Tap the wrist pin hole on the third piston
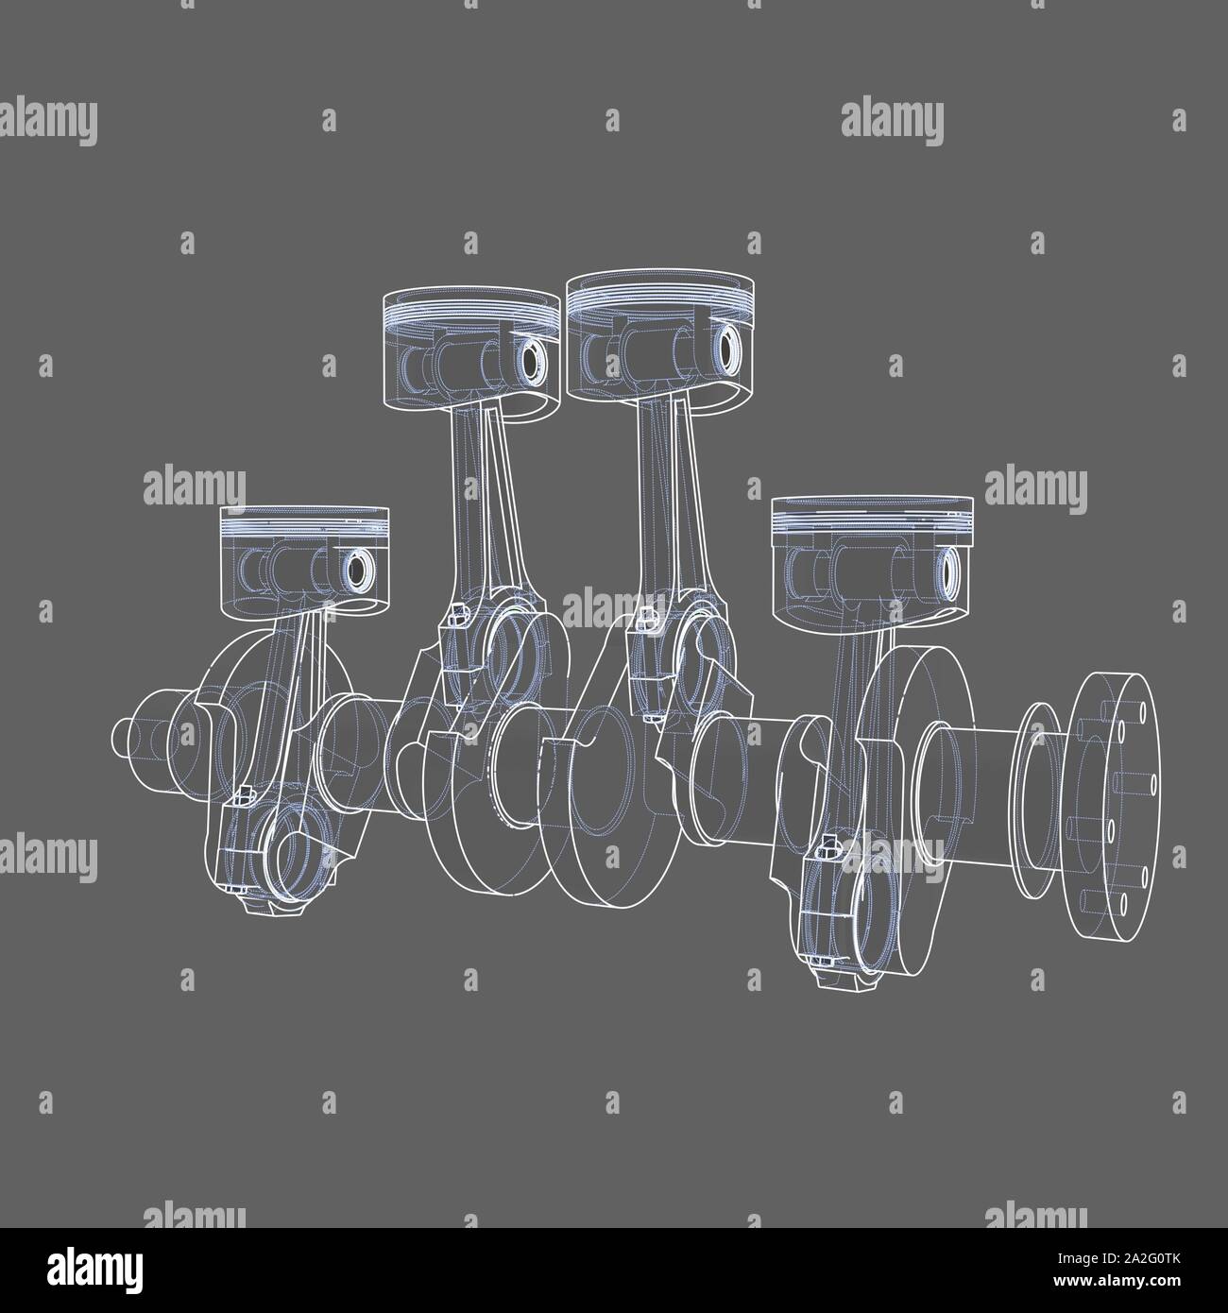pyautogui.click(x=730, y=350)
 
